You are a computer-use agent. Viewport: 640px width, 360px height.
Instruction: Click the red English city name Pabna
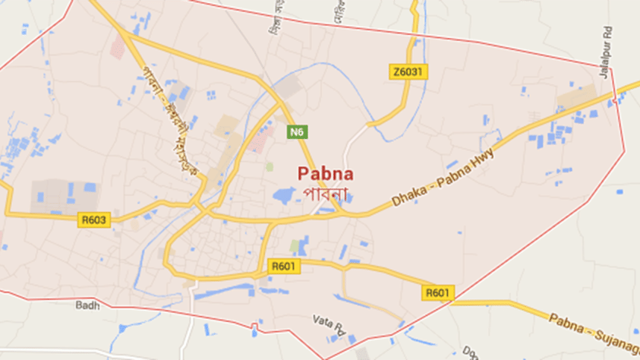tap(326, 174)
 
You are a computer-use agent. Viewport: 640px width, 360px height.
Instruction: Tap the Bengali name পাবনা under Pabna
tap(326, 192)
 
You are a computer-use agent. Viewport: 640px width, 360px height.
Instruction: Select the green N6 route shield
tap(297, 132)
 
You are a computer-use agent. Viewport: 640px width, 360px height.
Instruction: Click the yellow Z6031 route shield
tap(409, 72)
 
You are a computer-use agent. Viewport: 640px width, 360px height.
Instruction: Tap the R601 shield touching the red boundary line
tap(438, 293)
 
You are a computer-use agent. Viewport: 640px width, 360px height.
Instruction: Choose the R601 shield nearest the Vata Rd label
tap(285, 267)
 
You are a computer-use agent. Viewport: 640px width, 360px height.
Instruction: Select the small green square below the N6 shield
tap(270, 166)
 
